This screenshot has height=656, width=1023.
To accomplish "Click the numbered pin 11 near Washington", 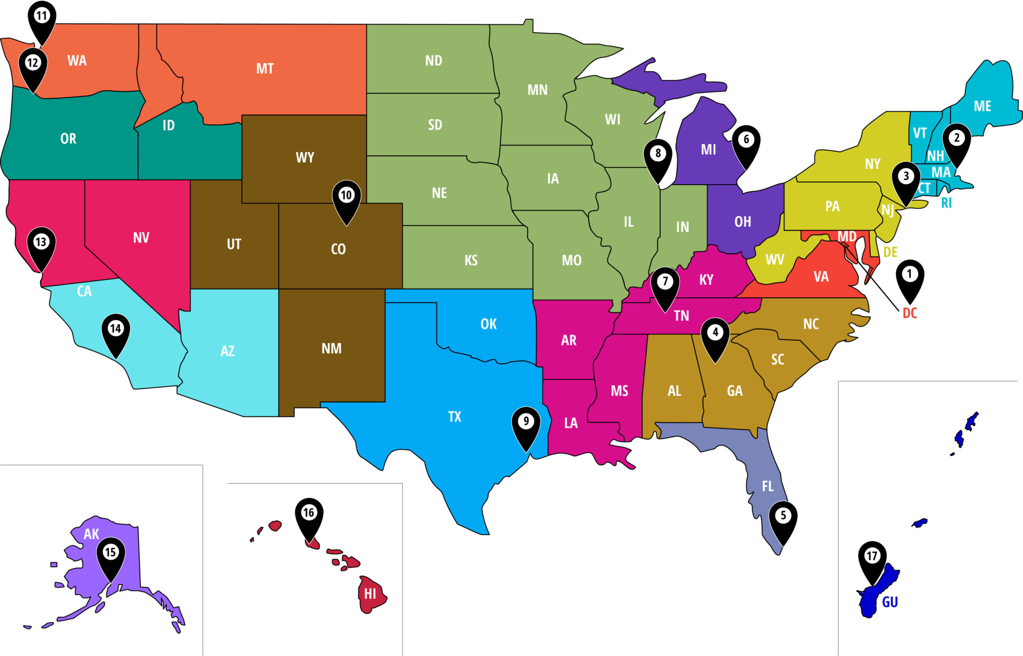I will tap(42, 17).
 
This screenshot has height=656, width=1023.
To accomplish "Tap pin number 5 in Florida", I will tap(783, 517).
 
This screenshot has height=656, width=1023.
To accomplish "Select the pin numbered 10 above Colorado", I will tap(346, 196).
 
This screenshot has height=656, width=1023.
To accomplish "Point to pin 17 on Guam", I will tap(872, 557).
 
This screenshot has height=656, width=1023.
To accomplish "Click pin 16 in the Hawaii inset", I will tap(309, 513).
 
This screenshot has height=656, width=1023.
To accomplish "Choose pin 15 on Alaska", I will tap(110, 553).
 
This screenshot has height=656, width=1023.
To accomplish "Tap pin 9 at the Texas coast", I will tap(526, 422).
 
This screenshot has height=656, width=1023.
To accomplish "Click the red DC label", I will tap(910, 313).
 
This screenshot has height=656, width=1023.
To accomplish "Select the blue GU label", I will tap(890, 602).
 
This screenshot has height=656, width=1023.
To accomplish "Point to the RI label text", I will tap(946, 203).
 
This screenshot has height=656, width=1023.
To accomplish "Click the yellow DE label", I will tap(890, 252).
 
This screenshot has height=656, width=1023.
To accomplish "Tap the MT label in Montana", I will tap(265, 68).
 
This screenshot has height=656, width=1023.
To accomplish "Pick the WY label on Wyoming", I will tap(305, 158).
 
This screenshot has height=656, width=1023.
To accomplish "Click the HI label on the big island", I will tap(370, 594).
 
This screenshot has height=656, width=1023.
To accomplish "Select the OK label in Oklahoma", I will tap(489, 324).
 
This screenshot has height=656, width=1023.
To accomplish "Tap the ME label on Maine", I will tap(982, 106).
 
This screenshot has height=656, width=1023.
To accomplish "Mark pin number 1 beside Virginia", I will tap(910, 275).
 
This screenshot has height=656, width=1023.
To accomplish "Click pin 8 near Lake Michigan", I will tap(658, 154).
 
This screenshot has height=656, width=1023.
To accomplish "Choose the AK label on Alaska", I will tap(91, 534).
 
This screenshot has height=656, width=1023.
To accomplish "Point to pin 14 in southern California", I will tap(115, 329).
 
